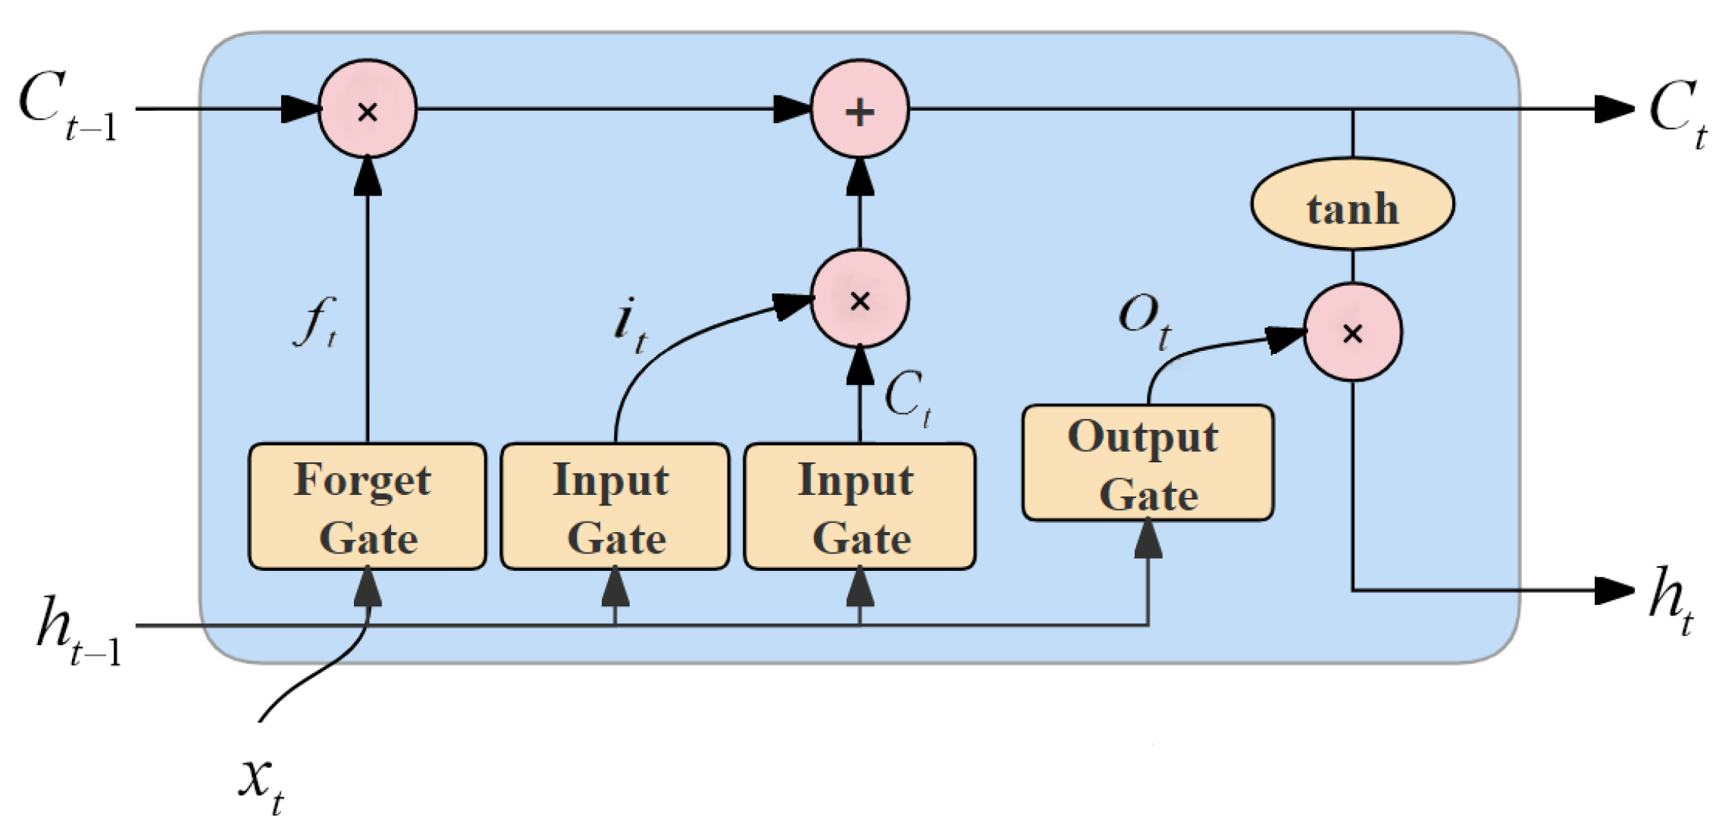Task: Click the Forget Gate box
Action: click(367, 506)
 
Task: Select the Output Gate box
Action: click(1147, 463)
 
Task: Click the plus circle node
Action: click(860, 110)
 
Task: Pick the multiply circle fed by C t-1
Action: click(368, 110)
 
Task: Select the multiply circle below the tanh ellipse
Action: click(1352, 332)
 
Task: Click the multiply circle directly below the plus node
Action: click(860, 299)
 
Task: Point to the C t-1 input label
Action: click(68, 106)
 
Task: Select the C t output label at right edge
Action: click(1675, 114)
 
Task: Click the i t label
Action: click(629, 324)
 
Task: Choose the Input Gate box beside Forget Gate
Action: click(615, 506)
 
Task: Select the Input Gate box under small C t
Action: click(860, 506)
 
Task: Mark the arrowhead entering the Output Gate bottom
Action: click(1148, 540)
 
